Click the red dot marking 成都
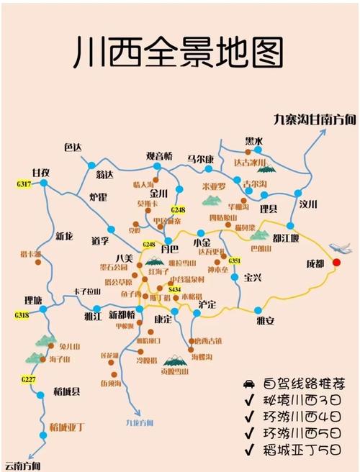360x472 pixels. (336, 260)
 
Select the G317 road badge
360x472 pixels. (23, 185)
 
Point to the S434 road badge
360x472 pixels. (174, 288)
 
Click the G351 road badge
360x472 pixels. (234, 260)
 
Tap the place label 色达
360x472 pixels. (73, 147)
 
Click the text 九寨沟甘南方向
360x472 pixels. (315, 119)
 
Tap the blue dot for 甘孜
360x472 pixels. (43, 183)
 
